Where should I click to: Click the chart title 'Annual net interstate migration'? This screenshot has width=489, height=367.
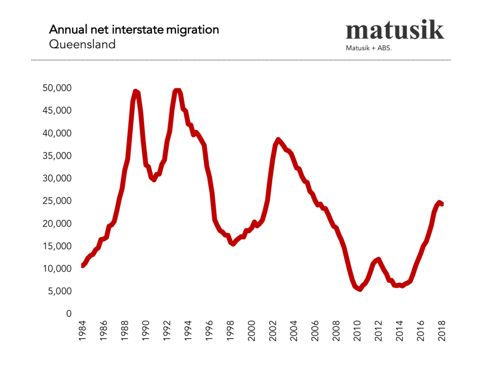point(134,30)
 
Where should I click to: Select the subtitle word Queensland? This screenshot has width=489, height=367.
point(82,44)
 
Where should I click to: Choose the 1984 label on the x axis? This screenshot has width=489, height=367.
point(83,331)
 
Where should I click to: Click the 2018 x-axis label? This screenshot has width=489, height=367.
point(442,331)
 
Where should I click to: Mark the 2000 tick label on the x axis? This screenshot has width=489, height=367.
point(252,331)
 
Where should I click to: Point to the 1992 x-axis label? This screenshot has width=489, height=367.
point(168,331)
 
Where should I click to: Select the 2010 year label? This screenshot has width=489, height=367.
point(358,331)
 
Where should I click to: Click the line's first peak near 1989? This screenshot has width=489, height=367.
point(136,91)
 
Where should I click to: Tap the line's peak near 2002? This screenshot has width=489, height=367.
point(278,140)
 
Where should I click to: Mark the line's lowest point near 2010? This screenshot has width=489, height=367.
point(360,289)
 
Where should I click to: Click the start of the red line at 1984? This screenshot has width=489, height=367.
point(83,265)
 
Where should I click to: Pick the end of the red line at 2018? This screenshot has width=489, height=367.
point(442,204)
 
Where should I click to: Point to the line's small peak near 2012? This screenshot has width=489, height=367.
point(378,259)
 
